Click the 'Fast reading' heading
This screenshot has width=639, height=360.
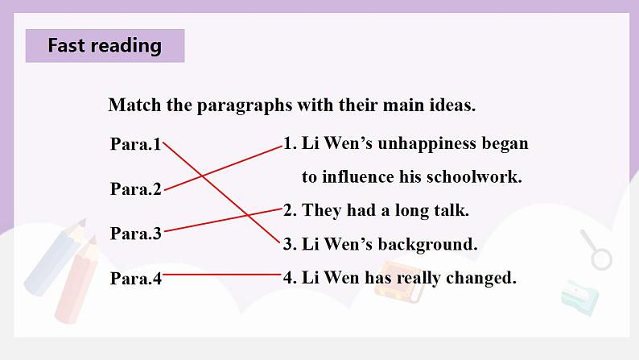[105, 45]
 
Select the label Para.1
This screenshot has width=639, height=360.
[136, 144]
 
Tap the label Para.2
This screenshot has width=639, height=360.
[136, 189]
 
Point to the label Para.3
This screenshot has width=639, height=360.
[136, 234]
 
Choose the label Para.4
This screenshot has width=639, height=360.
[136, 279]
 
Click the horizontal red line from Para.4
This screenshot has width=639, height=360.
[222, 275]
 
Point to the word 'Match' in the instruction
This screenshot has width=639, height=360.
[134, 106]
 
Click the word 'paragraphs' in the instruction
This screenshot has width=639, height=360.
[245, 106]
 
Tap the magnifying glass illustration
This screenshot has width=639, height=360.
[596, 250]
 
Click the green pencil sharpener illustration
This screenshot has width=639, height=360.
[580, 298]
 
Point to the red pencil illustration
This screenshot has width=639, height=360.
[76, 280]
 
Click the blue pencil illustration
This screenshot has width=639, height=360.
[55, 258]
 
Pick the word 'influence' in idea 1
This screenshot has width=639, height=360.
[358, 177]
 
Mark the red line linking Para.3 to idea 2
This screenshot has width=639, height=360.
[222, 220]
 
